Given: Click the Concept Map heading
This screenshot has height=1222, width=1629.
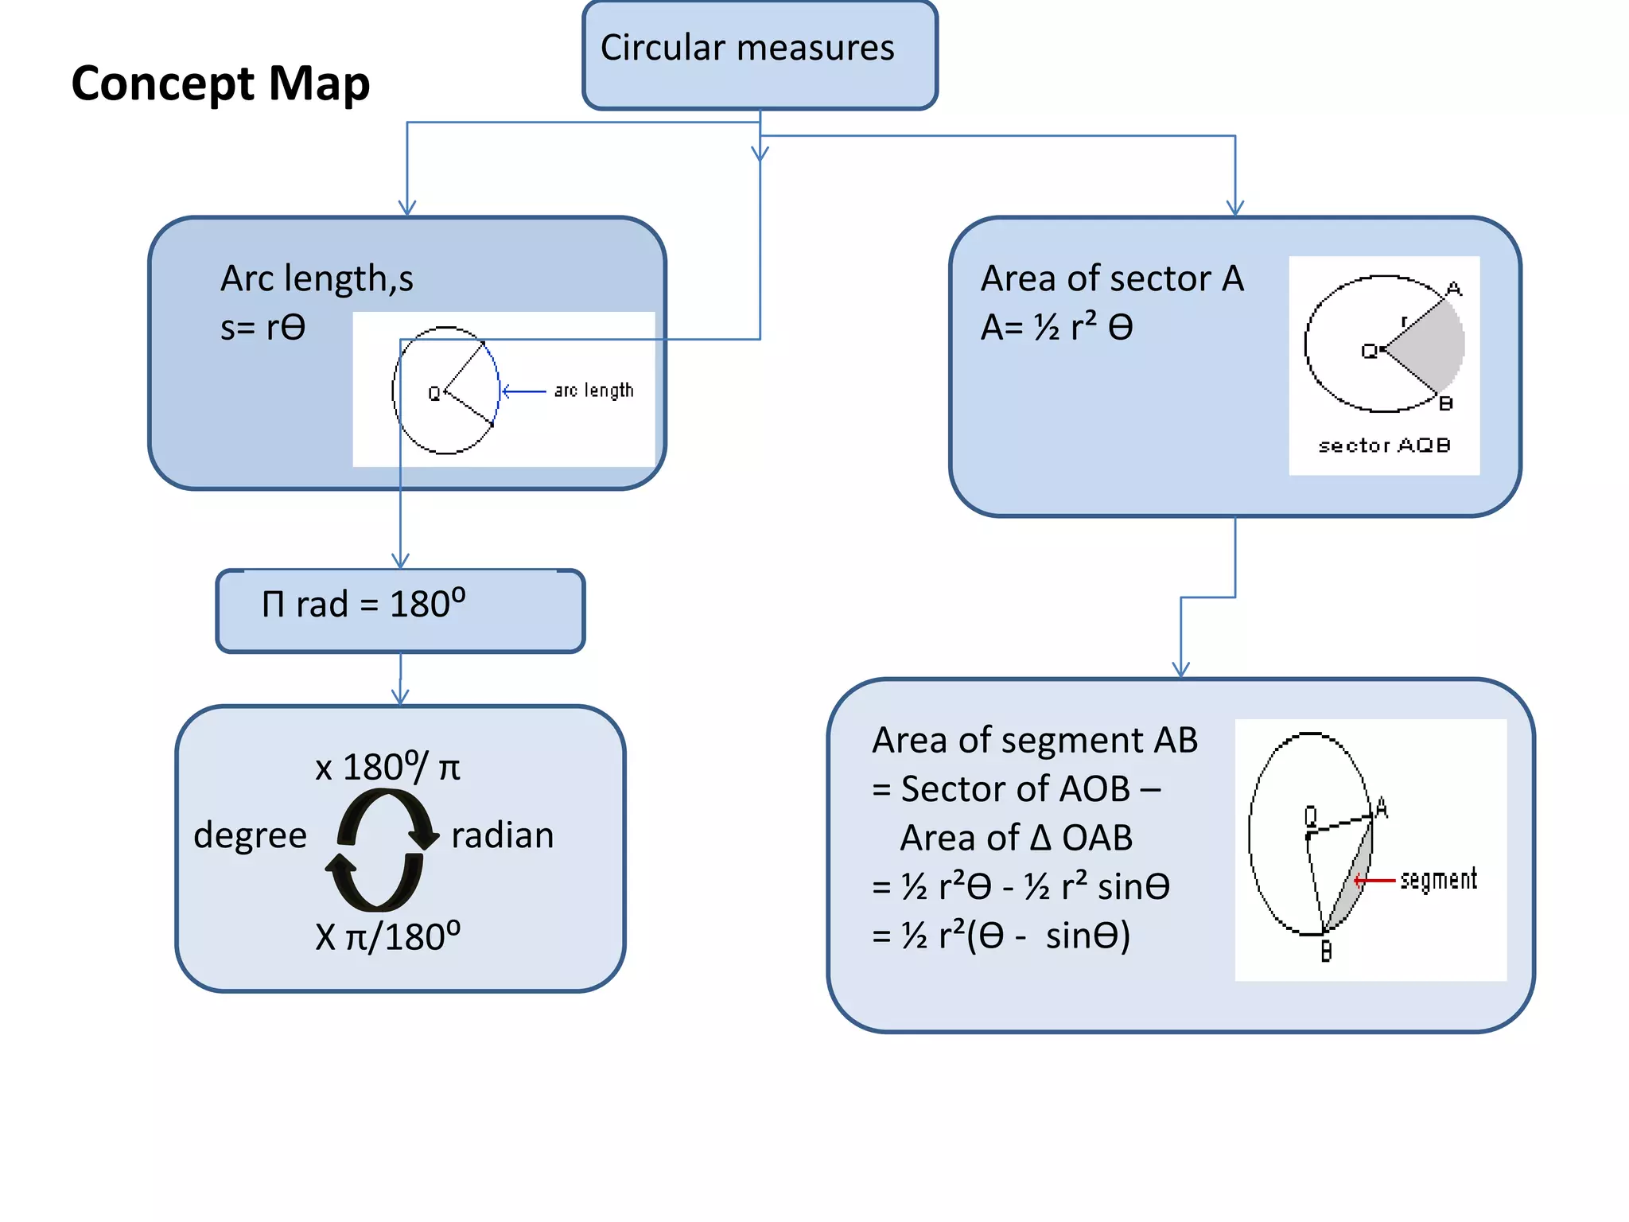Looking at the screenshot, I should (220, 84).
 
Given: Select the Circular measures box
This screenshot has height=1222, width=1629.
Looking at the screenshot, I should (760, 54).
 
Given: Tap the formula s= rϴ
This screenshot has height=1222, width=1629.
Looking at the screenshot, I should (262, 327).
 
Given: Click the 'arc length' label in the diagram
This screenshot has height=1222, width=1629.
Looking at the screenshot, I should (593, 391).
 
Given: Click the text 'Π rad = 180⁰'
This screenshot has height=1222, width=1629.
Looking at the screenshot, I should (364, 604).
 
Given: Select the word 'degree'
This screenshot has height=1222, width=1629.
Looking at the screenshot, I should (250, 835).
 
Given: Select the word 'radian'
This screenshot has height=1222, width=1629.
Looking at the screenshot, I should (502, 835).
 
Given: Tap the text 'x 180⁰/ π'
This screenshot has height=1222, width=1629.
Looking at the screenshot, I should (387, 768).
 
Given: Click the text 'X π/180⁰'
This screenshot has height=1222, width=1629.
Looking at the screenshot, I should (387, 936).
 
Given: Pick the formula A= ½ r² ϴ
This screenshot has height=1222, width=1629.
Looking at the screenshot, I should (1056, 327).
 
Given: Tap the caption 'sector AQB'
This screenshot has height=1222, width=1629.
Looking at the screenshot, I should (1384, 446).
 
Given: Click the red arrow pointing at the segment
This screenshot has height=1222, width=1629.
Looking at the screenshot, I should (1374, 880).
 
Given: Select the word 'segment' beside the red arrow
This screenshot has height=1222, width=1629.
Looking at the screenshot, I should (1438, 879).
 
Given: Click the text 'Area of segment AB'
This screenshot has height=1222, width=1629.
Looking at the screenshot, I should (1034, 740).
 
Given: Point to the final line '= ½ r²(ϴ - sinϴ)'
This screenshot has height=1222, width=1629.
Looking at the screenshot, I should (1001, 936).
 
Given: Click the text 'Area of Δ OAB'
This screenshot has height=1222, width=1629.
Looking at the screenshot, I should (1016, 838).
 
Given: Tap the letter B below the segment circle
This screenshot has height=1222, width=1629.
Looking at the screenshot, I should (1326, 951).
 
